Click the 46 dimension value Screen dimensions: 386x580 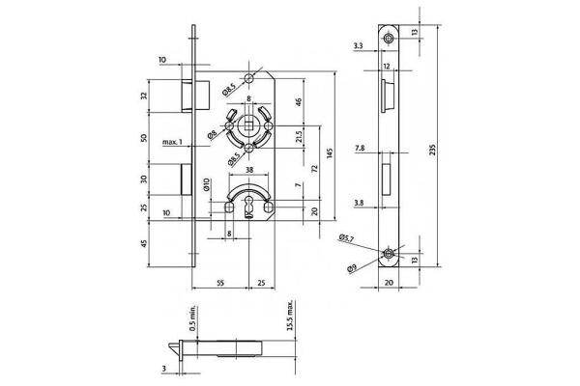pos(299,101)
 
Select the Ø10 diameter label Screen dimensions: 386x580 pos(206,183)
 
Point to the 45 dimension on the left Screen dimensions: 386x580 pos(144,243)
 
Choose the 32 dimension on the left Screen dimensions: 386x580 pos(144,96)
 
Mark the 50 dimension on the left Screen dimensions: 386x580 pos(144,138)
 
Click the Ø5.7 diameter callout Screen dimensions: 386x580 pos(346,237)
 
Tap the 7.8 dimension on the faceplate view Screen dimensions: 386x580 pos(360,150)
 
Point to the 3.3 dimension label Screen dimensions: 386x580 pos(359,44)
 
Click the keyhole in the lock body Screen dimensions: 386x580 pos(248,207)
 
